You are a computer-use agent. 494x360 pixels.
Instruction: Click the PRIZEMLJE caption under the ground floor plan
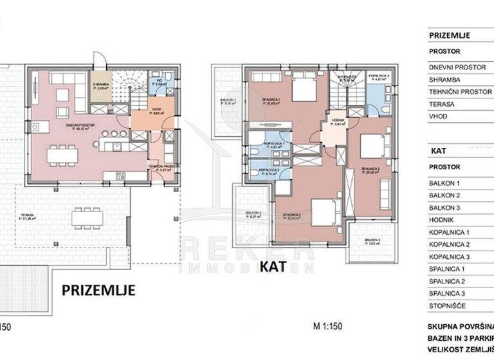(98, 290)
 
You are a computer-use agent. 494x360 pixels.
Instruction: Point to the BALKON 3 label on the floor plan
(372, 242)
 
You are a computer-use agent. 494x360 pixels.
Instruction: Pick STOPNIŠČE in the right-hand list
(450, 305)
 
